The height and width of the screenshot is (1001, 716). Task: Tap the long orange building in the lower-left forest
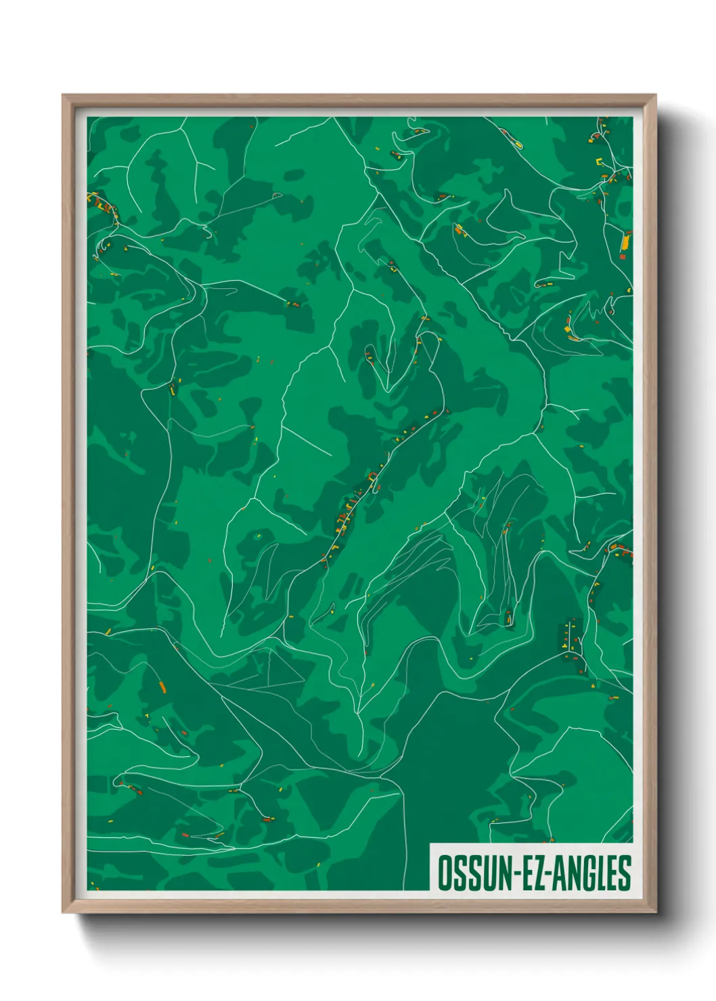tap(162, 687)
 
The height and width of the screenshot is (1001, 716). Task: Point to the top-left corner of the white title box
tap(430, 843)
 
